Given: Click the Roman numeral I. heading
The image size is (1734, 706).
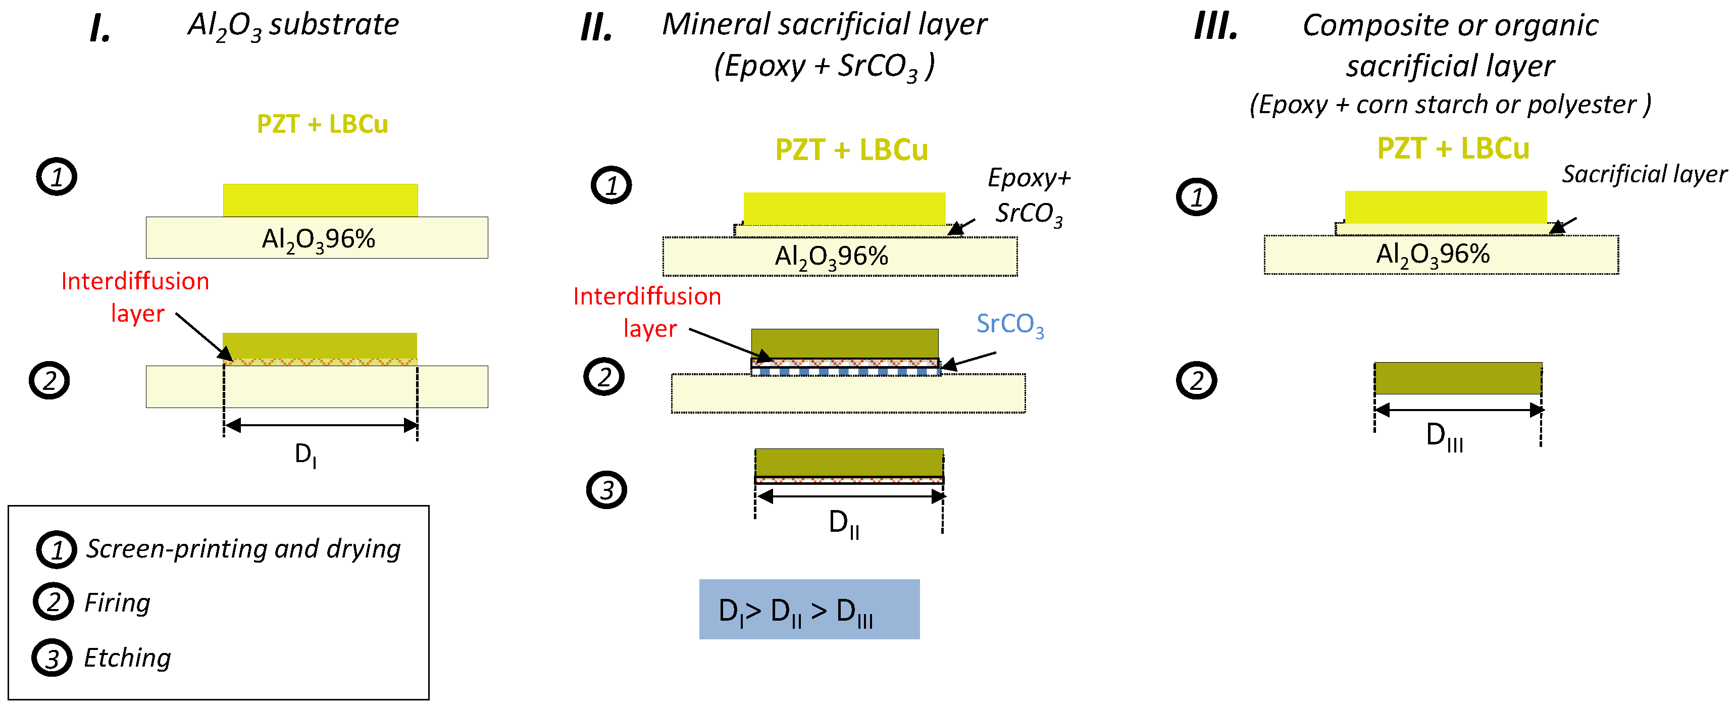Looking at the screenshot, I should [99, 28].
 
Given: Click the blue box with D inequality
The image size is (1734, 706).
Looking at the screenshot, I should [809, 609].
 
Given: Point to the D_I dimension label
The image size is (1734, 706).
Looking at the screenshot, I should [305, 455].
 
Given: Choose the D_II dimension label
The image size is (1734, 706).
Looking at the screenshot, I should [843, 524].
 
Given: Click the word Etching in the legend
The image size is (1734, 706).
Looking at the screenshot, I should [127, 658].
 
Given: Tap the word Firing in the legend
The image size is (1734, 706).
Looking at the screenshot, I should [117, 602].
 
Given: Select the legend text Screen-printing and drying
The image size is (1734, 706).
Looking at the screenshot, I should [243, 548].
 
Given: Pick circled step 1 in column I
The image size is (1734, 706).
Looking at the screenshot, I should [57, 177].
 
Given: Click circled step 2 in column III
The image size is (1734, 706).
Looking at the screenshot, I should [1196, 380].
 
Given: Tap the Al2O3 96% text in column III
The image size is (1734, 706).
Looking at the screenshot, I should [1433, 255].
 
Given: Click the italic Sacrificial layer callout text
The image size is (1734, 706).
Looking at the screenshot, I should [1644, 174].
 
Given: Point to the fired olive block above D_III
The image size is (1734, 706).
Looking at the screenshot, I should [1458, 378].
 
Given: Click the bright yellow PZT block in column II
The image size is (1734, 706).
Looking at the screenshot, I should [844, 209].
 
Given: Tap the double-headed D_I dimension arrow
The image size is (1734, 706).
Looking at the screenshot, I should [321, 425].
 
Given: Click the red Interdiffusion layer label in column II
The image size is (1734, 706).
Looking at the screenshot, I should [647, 312].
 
